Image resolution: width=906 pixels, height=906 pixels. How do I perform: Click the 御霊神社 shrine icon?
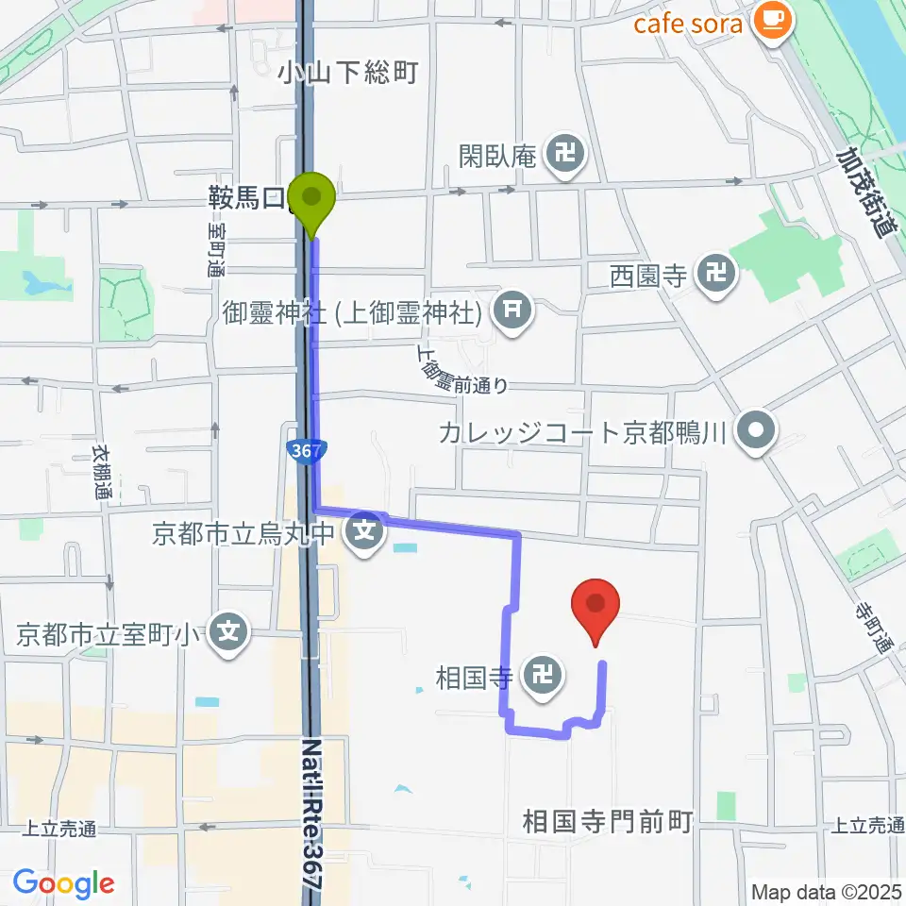click(512, 308)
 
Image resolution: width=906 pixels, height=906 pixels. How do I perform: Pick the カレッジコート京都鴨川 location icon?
click(755, 432)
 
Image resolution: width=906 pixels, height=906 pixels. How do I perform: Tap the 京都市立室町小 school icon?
click(228, 629)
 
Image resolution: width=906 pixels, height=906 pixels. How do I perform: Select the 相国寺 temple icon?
click(542, 676)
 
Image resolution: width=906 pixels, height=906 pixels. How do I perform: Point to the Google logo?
click(63, 883)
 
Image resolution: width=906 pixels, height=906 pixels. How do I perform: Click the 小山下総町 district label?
click(347, 74)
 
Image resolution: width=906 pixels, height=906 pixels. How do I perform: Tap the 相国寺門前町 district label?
click(609, 821)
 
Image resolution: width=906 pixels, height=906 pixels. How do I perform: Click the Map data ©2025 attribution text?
click(827, 890)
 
